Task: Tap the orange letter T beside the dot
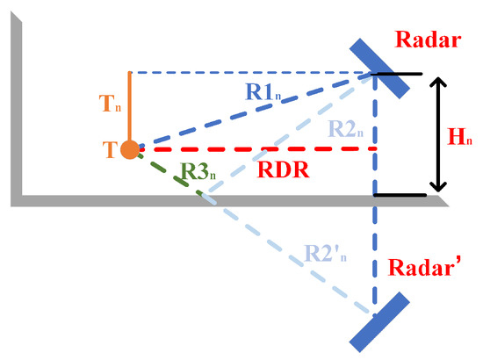[109, 150]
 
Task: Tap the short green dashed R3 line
[167, 172]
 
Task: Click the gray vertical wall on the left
[16, 114]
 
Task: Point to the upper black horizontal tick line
[400, 73]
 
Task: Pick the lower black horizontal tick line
[400, 194]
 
